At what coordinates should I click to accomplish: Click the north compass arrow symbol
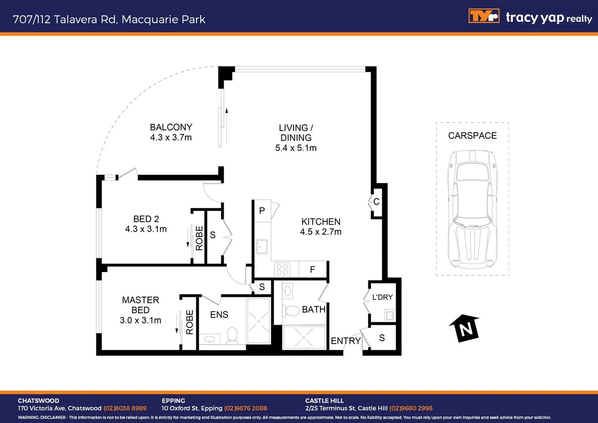[x=465, y=328]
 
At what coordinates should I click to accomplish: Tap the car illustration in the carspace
[x=472, y=208]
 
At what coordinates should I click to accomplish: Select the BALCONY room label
[x=171, y=127]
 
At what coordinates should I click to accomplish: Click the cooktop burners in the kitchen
[x=282, y=269]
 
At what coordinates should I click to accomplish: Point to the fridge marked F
[x=313, y=269]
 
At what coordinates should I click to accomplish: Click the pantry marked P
[x=262, y=211]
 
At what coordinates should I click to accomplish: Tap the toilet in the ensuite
[x=232, y=335]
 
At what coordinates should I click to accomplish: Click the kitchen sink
[x=262, y=247]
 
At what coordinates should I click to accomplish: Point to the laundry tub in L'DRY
[x=389, y=315]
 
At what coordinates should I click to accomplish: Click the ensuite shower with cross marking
[x=258, y=321]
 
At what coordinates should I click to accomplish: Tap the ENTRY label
[x=346, y=341]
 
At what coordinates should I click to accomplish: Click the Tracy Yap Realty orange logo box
[x=484, y=16]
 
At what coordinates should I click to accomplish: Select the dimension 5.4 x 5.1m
[x=296, y=148]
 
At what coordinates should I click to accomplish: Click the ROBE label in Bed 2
[x=199, y=238]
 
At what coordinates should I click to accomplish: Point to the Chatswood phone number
[x=125, y=408]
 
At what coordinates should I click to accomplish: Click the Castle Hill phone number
[x=411, y=408]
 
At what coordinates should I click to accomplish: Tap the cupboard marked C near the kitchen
[x=376, y=202]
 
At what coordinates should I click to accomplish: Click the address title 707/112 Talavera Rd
[x=109, y=19]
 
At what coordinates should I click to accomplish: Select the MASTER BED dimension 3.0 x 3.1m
[x=140, y=320]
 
